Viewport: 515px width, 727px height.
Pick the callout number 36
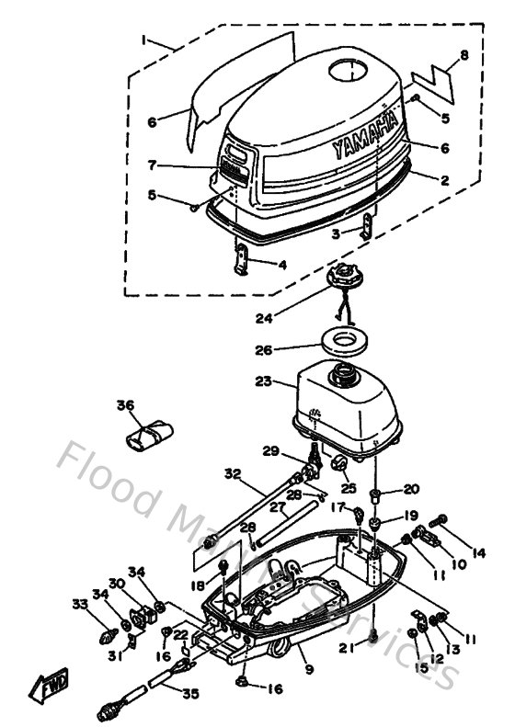pos(126,404)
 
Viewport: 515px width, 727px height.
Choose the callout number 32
pos(233,474)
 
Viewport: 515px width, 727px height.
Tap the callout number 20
pos(410,489)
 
